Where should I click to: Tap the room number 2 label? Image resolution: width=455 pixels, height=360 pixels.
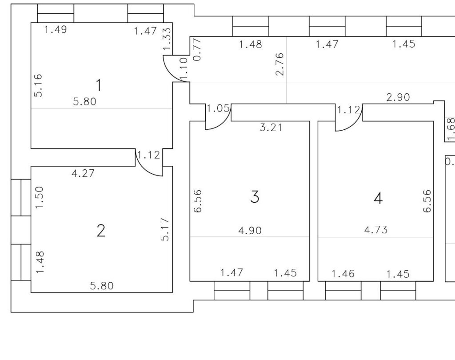tap(101, 231)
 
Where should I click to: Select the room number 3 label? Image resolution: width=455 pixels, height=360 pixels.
tap(255, 196)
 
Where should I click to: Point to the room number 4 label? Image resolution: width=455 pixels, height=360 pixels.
tap(378, 198)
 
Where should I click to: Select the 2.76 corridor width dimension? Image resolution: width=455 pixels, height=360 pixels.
tap(279, 64)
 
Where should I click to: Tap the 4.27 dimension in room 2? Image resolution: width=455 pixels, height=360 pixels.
tap(83, 173)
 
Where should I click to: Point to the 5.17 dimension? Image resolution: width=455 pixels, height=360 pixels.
tap(165, 229)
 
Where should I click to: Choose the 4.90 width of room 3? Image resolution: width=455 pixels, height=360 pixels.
tap(250, 230)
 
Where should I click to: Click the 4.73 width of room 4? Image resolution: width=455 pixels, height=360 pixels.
tap(375, 230)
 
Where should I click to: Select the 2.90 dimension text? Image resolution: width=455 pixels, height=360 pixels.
tap(398, 97)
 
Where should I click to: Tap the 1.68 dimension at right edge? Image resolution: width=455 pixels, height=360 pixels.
tap(451, 129)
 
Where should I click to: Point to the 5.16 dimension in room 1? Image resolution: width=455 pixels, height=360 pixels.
tap(38, 85)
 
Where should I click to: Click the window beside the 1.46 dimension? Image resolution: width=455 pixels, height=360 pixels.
tap(343, 291)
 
